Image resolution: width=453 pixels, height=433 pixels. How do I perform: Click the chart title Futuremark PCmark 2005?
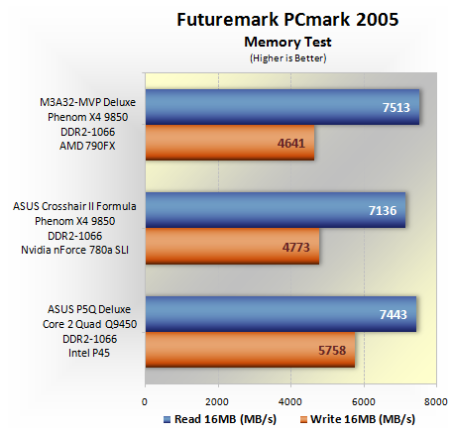[287, 19]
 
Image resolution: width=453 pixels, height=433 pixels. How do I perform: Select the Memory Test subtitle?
[287, 42]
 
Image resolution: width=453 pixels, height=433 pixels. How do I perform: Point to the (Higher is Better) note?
[288, 58]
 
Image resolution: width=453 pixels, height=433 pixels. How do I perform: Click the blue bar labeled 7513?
[283, 107]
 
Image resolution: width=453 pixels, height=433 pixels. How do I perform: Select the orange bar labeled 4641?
[230, 143]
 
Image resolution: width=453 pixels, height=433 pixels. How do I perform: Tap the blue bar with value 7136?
[276, 210]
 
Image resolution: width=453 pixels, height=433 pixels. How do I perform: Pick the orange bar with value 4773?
[233, 246]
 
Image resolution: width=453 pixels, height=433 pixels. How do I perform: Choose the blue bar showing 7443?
[281, 314]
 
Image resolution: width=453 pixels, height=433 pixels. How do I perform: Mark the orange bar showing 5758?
[251, 350]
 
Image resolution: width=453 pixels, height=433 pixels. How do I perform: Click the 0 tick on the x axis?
[145, 402]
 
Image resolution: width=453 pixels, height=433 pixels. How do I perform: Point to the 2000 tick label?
[217, 402]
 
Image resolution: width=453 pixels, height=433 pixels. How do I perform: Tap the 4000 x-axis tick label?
[290, 402]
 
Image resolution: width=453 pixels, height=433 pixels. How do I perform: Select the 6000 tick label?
[364, 402]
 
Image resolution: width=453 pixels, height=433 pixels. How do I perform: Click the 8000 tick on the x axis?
[436, 402]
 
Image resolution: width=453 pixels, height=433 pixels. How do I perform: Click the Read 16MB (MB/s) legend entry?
[220, 419]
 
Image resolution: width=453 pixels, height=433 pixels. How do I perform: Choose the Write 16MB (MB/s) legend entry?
[358, 419]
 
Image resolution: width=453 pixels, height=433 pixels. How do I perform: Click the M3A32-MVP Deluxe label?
[87, 102]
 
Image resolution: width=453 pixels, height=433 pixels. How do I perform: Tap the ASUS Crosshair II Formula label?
[74, 206]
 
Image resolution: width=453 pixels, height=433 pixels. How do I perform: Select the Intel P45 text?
[89, 353]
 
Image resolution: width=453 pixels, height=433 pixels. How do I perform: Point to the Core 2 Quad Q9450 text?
[89, 324]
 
